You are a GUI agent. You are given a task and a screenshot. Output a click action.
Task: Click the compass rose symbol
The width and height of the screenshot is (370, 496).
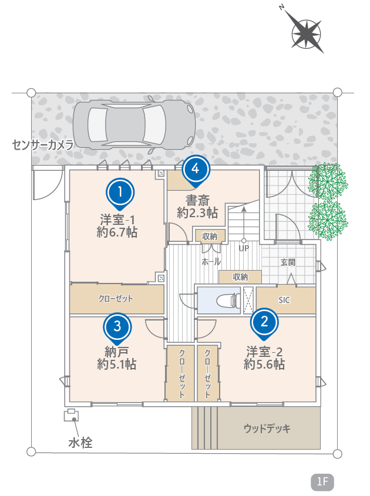pos(306,33)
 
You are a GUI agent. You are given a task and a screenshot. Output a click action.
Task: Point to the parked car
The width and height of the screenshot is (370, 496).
pos(134,124)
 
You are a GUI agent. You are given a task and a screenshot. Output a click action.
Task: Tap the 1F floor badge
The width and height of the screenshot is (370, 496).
pos(322,481)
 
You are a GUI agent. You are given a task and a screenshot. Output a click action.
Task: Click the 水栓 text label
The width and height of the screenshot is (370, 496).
pos(80,443)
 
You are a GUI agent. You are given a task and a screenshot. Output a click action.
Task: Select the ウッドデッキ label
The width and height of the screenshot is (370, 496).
pos(267,428)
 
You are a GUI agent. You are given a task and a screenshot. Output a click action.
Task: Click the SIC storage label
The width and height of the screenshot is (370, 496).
pos(284,300)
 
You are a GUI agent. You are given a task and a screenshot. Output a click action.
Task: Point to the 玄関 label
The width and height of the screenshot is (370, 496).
pos(288,262)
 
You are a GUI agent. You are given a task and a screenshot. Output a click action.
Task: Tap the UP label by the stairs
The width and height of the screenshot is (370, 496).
pos(244,248)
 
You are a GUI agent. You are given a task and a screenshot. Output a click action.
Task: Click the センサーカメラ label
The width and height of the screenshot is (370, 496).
pos(43,145)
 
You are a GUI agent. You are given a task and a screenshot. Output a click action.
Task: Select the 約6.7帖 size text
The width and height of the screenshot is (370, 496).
pos(117,232)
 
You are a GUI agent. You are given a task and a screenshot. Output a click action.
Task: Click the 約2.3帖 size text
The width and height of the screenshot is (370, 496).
pos(197,213)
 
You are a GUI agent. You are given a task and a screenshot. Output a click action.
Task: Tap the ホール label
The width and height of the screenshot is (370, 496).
pos(211,262)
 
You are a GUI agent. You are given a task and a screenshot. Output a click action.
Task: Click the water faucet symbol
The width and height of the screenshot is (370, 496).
pos(71,415)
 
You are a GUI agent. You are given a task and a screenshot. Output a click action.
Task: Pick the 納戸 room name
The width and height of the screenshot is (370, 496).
pos(116,352)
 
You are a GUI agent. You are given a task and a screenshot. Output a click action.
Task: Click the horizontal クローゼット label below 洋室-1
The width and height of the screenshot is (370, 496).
pos(116,298)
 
